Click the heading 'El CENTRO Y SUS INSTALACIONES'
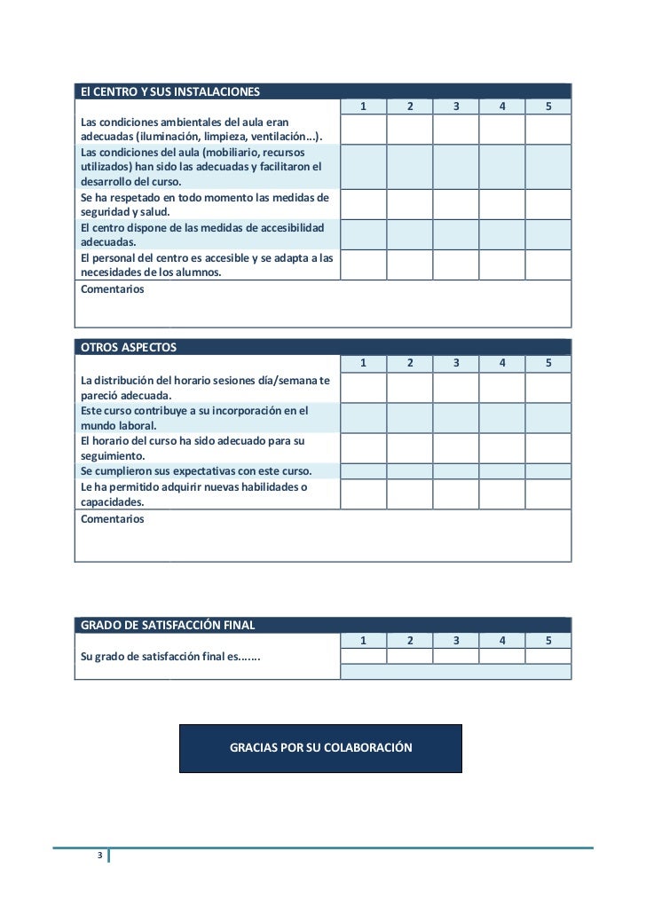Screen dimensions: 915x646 pyautogui.click(x=169, y=91)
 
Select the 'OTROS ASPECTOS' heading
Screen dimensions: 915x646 pyautogui.click(x=129, y=346)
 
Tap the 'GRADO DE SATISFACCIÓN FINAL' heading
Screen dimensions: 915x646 pyautogui.click(x=168, y=625)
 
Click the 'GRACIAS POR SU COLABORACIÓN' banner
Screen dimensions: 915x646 pyautogui.click(x=320, y=748)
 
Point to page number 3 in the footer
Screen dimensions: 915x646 pyautogui.click(x=100, y=856)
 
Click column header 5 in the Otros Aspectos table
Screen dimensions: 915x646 pyautogui.click(x=548, y=363)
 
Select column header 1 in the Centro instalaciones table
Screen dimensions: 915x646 pyautogui.click(x=363, y=107)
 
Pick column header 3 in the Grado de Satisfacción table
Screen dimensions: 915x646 pyautogui.click(x=456, y=641)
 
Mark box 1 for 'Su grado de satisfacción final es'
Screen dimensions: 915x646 pyautogui.click(x=363, y=656)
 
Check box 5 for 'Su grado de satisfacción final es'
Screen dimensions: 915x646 pyautogui.click(x=548, y=656)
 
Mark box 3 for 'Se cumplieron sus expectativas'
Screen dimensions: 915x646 pyautogui.click(x=456, y=471)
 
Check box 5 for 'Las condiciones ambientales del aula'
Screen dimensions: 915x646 pyautogui.click(x=548, y=130)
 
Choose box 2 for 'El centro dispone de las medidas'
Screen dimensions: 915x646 pyautogui.click(x=409, y=234)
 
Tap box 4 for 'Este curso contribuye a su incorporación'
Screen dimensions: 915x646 pyautogui.click(x=502, y=418)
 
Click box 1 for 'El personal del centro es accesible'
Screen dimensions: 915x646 pyautogui.click(x=363, y=264)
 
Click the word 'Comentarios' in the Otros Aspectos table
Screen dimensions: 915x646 pyautogui.click(x=112, y=519)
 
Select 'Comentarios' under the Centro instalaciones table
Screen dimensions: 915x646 pyautogui.click(x=112, y=289)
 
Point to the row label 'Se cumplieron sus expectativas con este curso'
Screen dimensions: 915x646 pyautogui.click(x=196, y=471)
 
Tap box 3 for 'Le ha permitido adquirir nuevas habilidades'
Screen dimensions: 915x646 pyautogui.click(x=456, y=494)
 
